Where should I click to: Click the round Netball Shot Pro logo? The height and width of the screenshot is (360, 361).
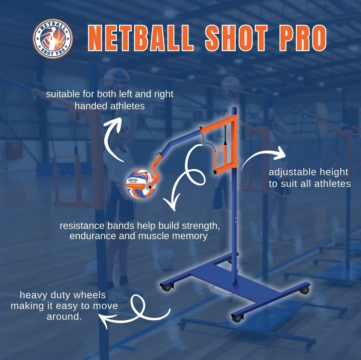(x=53, y=39)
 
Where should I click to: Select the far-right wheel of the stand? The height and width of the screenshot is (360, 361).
(x=304, y=290)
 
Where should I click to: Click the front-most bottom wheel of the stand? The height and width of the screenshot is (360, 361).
(x=236, y=318)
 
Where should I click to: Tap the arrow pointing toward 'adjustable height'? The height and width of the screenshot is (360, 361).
(x=264, y=157)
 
